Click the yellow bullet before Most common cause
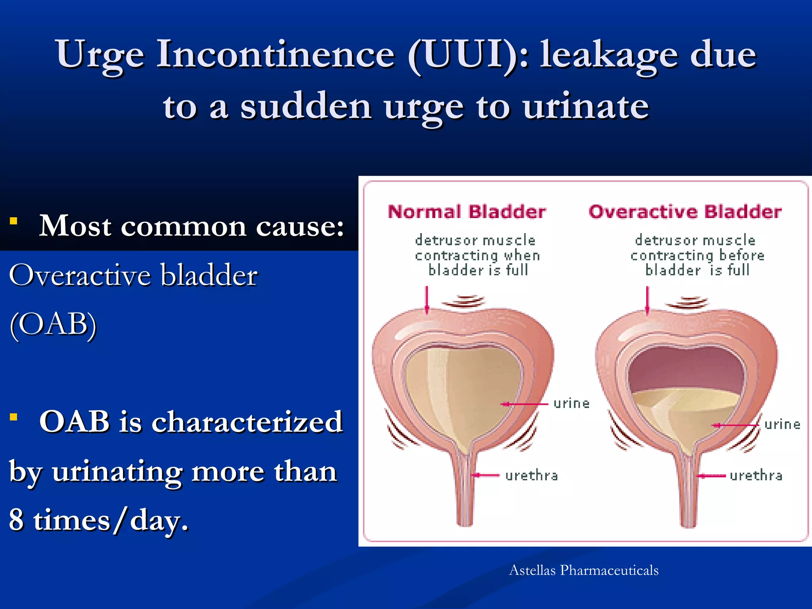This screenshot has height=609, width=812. coord(13,221)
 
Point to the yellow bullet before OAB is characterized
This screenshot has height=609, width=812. coord(13,417)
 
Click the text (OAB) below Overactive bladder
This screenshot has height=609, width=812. coord(53,324)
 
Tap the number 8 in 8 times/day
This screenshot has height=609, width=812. coord(16,520)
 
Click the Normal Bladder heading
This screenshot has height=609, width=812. coord(467,212)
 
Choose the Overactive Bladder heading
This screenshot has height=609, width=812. coord(685,212)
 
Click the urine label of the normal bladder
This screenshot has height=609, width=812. coord(571,404)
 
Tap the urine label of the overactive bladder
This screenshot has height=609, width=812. coord(782,425)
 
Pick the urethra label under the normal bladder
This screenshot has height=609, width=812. coord(531,475)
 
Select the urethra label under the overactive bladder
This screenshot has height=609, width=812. coord(756,475)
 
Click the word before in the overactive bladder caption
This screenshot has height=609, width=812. coord(741,255)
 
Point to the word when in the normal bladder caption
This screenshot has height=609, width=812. coord(522,255)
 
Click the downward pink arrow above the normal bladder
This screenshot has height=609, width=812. coord(427,300)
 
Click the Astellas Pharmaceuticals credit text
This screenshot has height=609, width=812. coord(584,570)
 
